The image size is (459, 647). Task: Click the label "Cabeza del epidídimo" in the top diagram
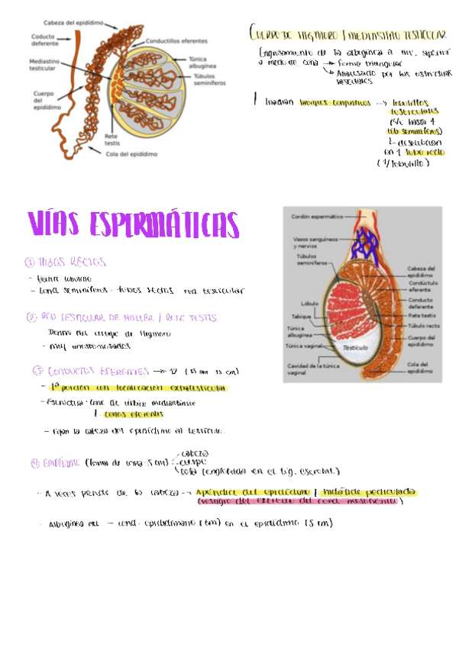point(74,23)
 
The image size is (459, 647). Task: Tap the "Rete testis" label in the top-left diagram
point(112,139)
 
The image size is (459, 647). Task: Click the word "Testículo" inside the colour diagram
point(356,348)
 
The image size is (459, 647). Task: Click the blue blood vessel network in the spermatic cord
point(364,242)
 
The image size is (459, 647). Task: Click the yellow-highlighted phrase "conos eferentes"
point(128,414)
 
